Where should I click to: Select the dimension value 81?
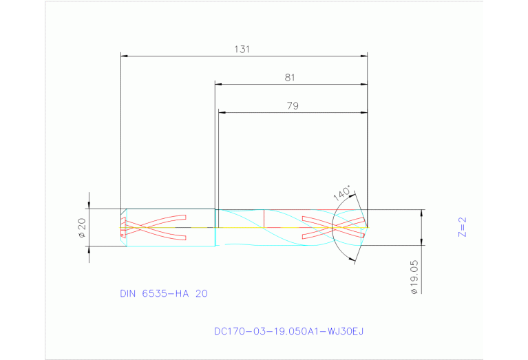point(290,78)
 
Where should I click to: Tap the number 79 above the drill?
point(292,106)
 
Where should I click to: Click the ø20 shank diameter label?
point(81,227)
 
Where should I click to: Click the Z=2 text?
point(463,227)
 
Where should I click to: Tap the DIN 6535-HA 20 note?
point(164,293)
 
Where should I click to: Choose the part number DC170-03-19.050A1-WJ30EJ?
point(288,331)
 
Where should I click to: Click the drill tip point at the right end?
point(367,226)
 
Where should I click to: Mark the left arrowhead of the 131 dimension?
point(123,54)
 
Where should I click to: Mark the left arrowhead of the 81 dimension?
point(218,84)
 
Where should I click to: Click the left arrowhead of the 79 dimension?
point(221,112)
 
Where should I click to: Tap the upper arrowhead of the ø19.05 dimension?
point(421,212)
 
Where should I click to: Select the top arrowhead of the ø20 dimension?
point(88,206)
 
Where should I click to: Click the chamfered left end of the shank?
point(123,226)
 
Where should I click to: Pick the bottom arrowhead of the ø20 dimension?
point(88,248)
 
